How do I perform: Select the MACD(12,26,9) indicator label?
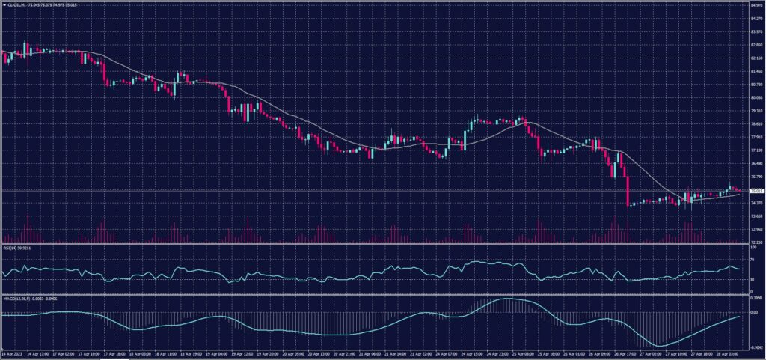click(x=13, y=297)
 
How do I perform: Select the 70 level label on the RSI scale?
click(x=751, y=259)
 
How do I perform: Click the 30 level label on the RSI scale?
click(x=751, y=279)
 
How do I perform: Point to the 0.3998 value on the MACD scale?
click(x=755, y=297)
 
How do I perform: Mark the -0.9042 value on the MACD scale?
click(x=755, y=347)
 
